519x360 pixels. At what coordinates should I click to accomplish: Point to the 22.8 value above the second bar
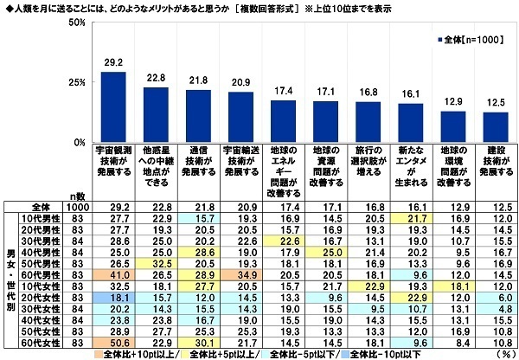pyautogui.click(x=156, y=79)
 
